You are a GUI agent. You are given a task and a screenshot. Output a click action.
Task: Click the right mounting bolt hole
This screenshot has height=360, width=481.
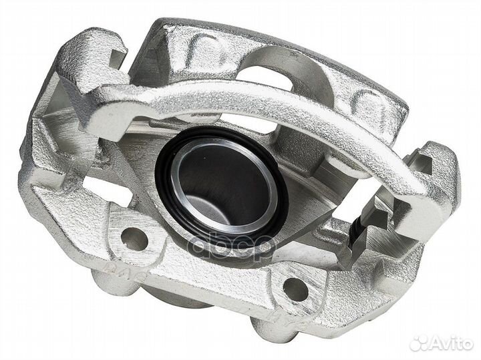click(295, 289)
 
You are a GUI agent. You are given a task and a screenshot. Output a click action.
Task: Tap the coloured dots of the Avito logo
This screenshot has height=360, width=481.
click(420, 343)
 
